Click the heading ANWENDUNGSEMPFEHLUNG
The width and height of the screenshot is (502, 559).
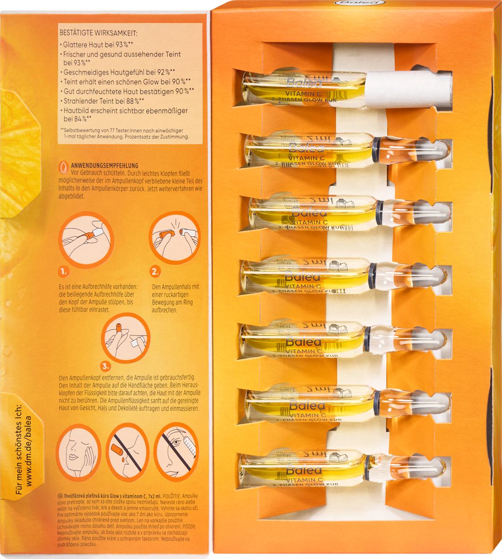(104, 165)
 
